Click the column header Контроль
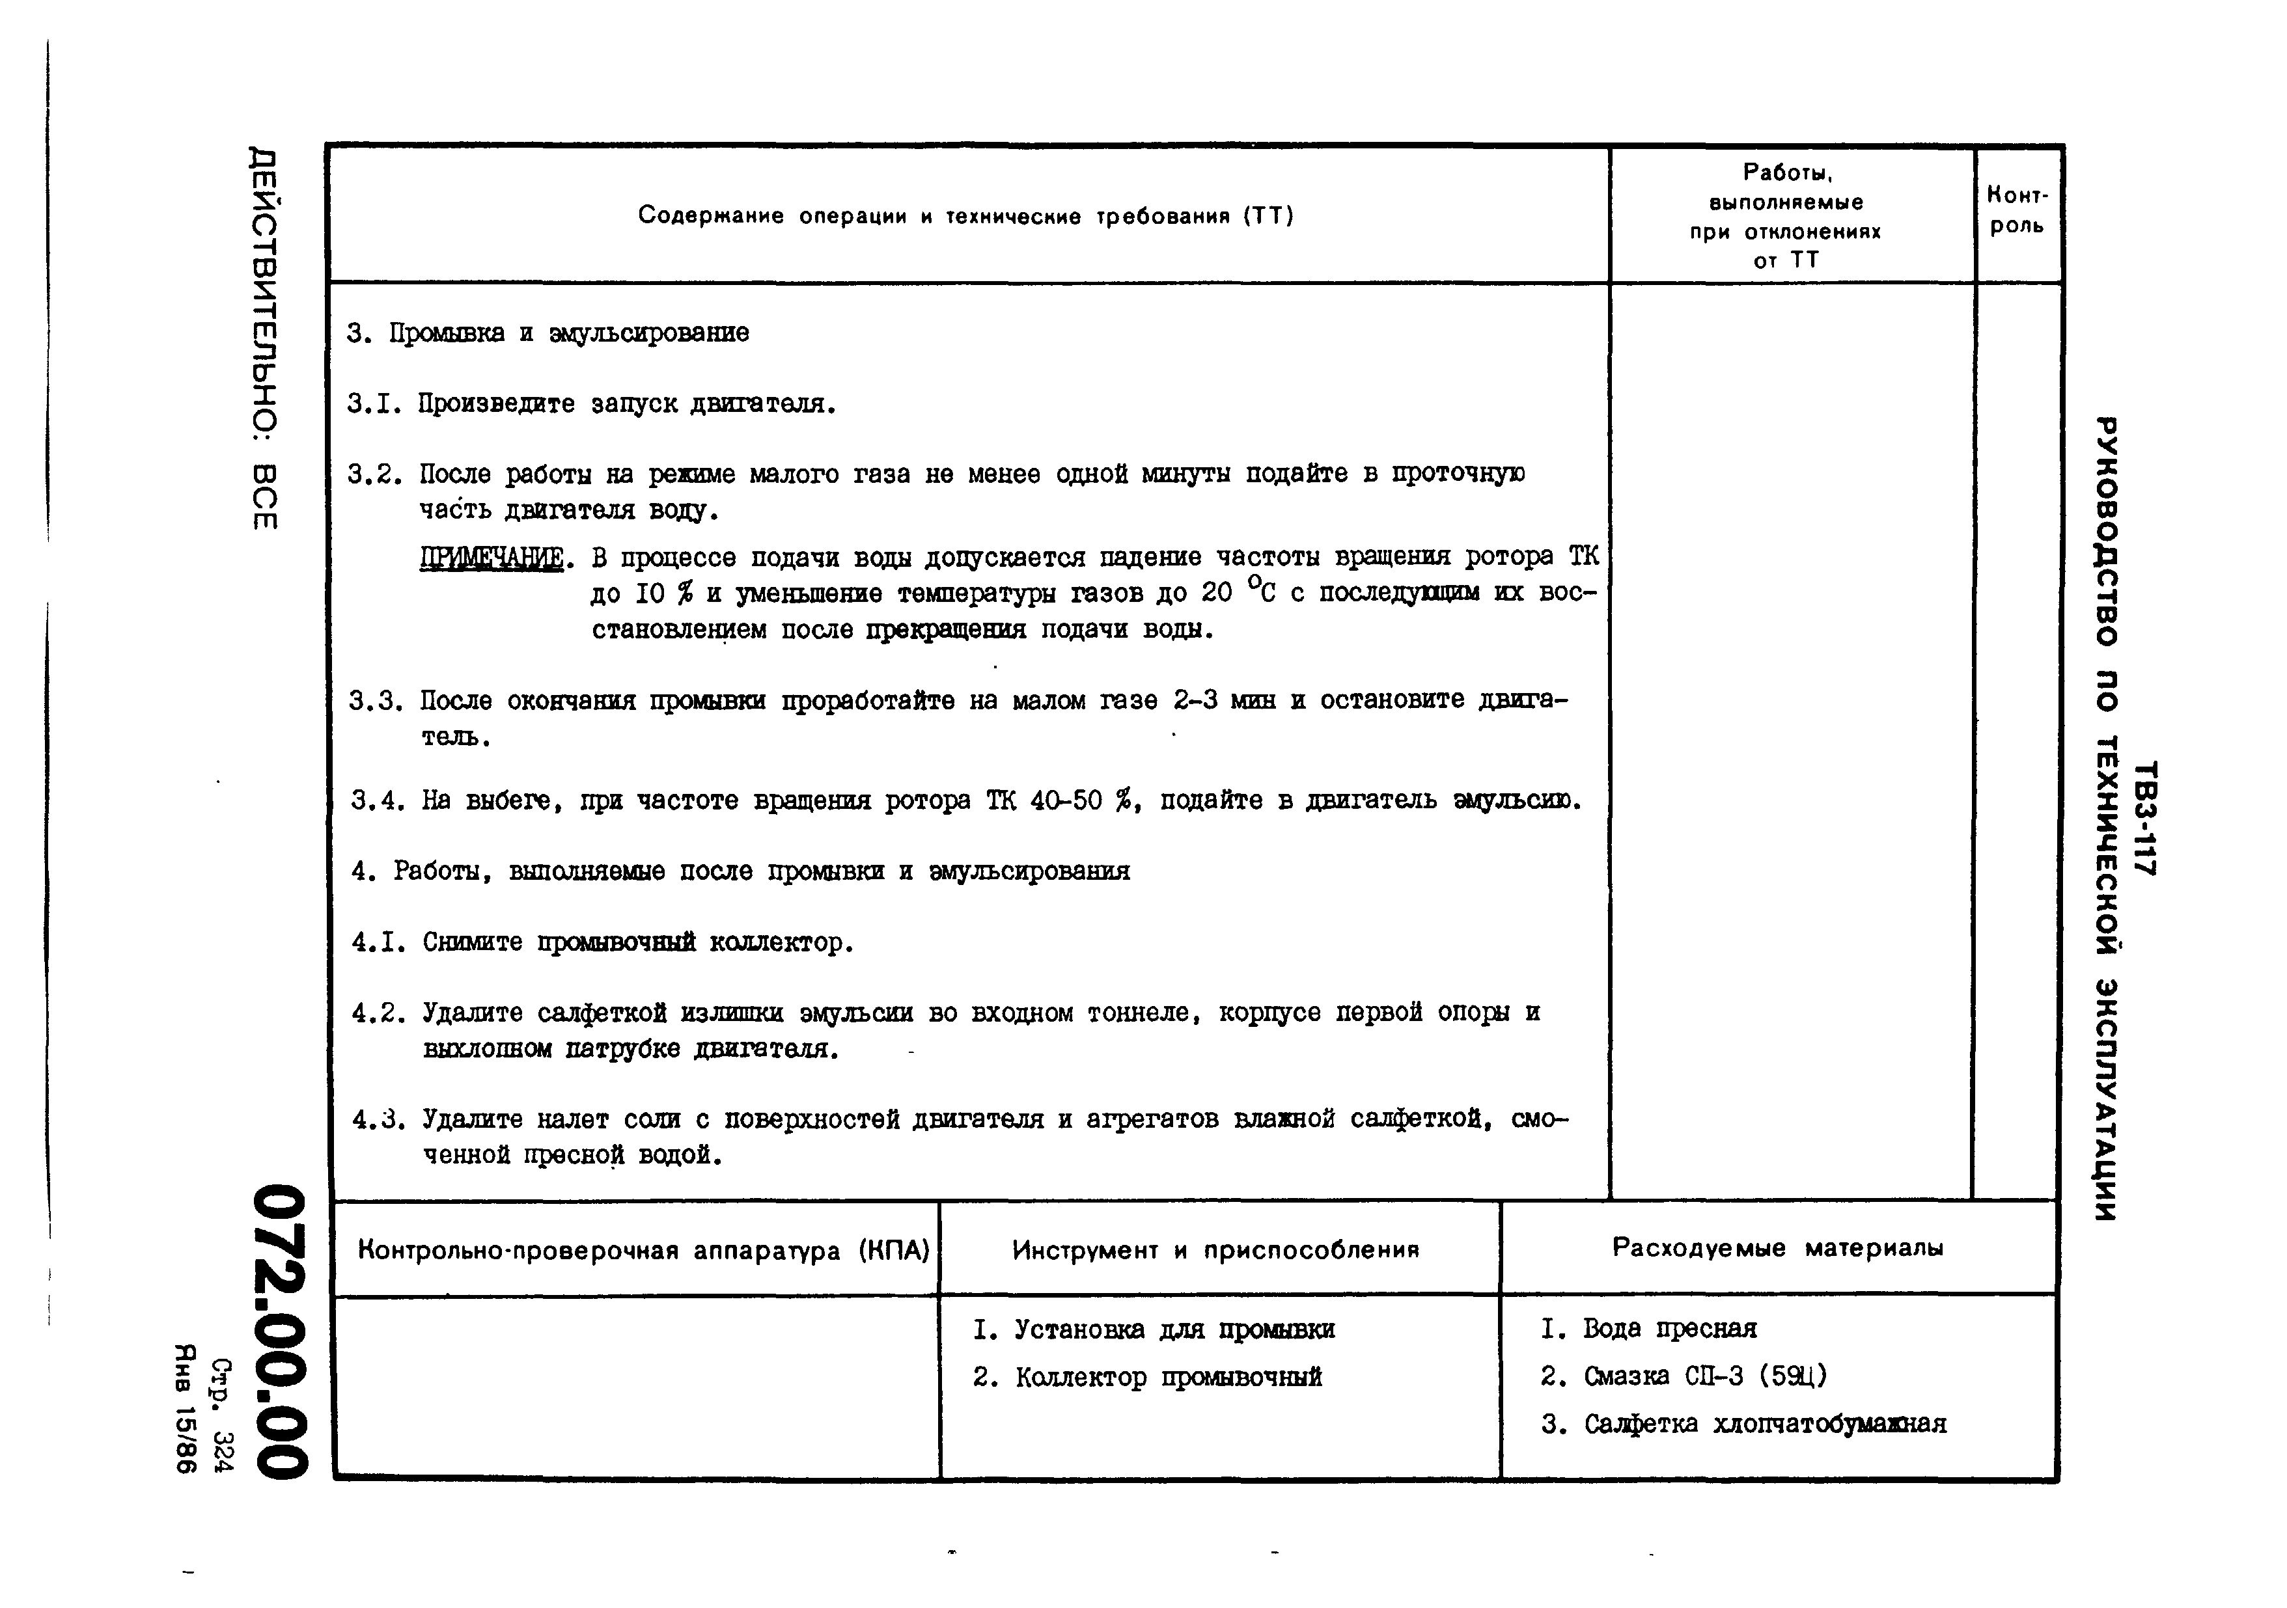[2017, 210]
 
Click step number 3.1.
[374, 404]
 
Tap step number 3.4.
[378, 800]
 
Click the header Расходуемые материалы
[1777, 1247]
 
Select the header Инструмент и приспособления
[1215, 1249]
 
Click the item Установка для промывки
[1173, 1329]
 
